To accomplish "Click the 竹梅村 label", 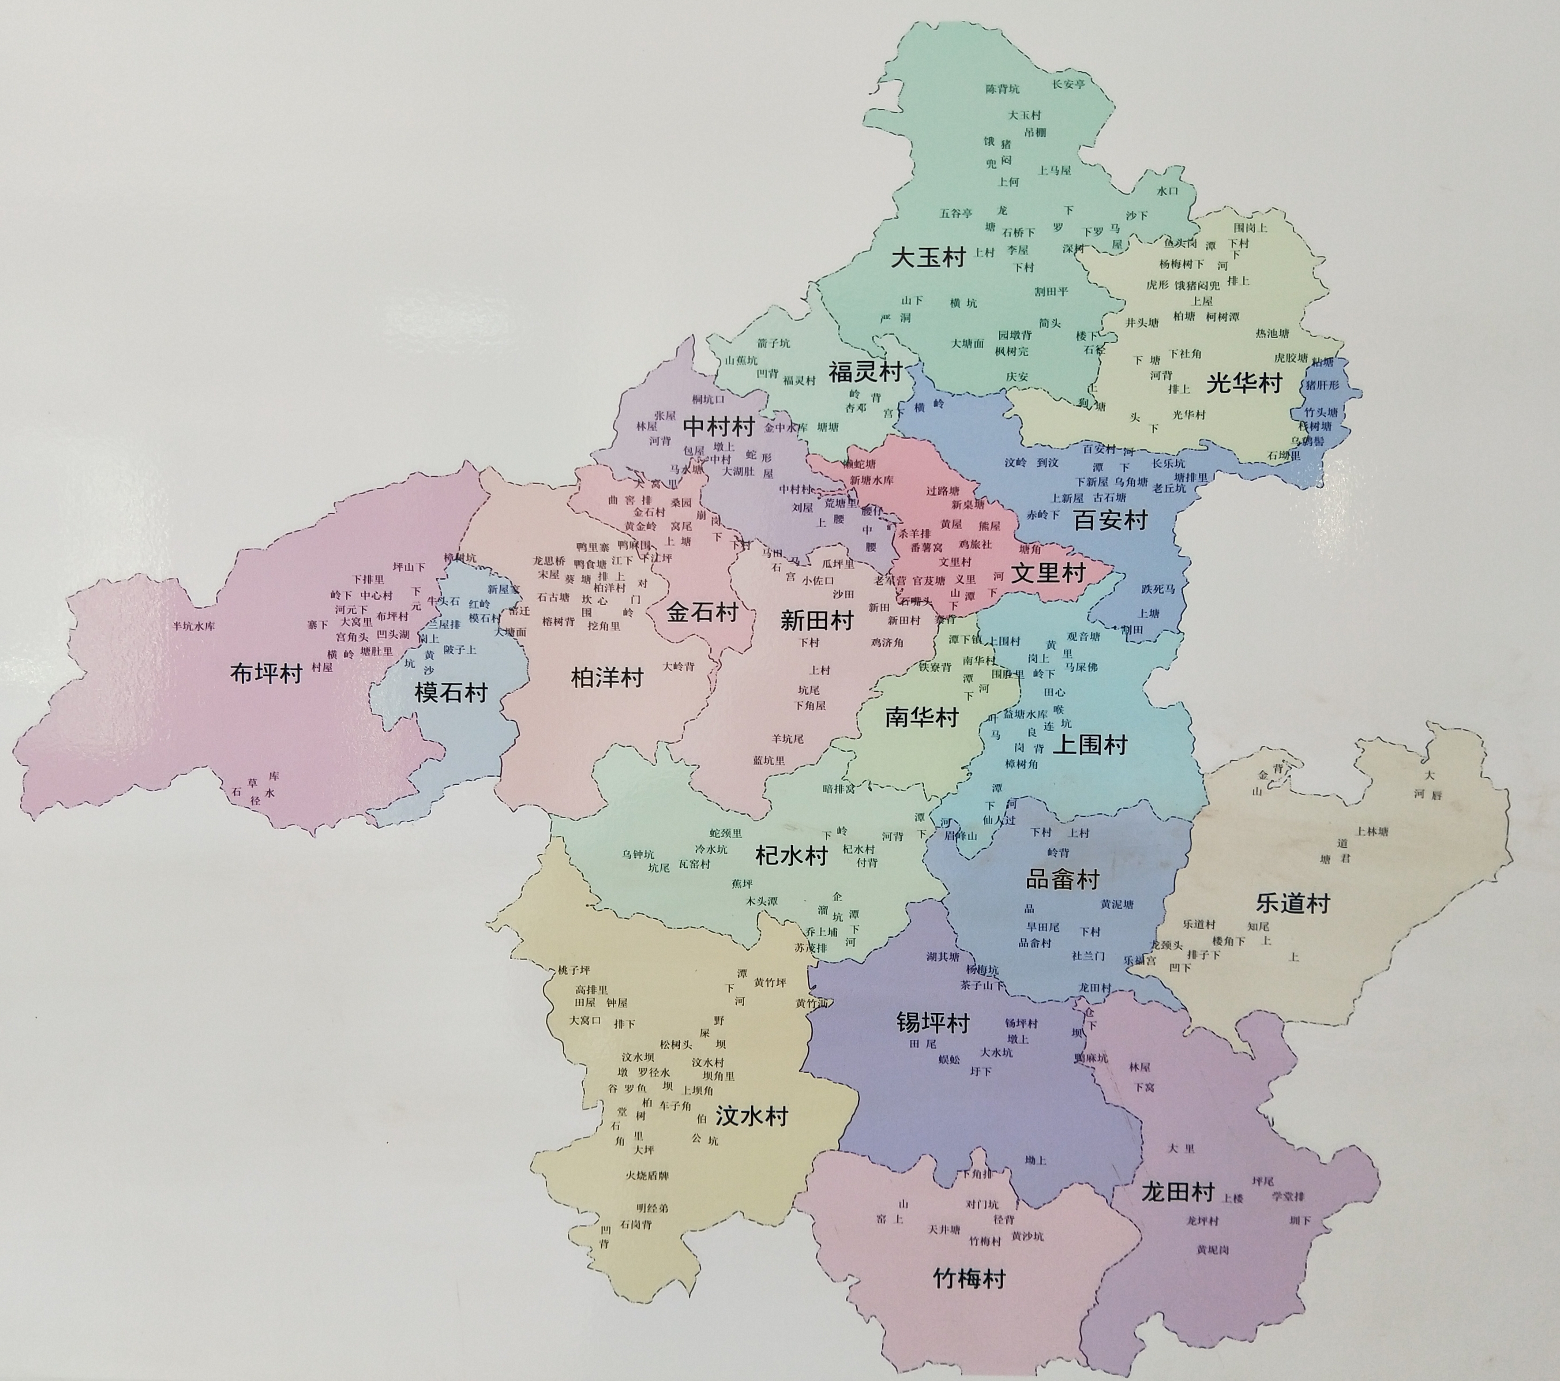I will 969,1278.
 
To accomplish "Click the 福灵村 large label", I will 866,372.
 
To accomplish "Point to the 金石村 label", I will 701,612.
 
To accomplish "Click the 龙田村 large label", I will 1178,1191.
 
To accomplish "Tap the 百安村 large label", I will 1111,520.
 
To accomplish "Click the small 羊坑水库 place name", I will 194,626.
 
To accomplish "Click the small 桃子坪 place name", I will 574,970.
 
